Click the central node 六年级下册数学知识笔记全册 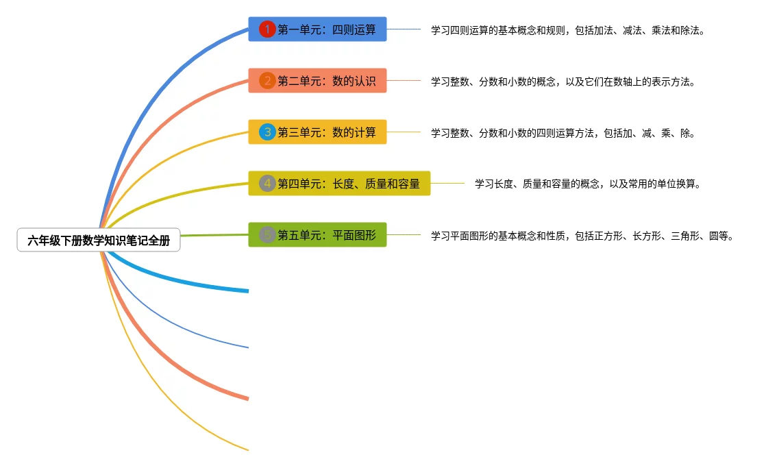point(99,241)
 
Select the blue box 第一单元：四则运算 point(317,29)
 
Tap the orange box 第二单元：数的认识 point(317,81)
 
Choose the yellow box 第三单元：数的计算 point(317,132)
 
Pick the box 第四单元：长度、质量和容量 point(339,184)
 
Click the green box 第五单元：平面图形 point(317,235)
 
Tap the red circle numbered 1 point(267,29)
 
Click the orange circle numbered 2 point(267,81)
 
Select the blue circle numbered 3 point(267,132)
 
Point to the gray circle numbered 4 point(267,184)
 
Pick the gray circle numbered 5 point(267,235)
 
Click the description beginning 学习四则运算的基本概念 point(567,31)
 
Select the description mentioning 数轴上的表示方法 point(562,82)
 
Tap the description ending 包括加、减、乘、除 point(562,134)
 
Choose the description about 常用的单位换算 point(587,184)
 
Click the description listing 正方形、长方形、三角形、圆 point(582,236)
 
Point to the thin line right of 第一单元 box point(404,29)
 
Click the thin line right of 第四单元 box point(447,183)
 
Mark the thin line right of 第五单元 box point(404,234)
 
